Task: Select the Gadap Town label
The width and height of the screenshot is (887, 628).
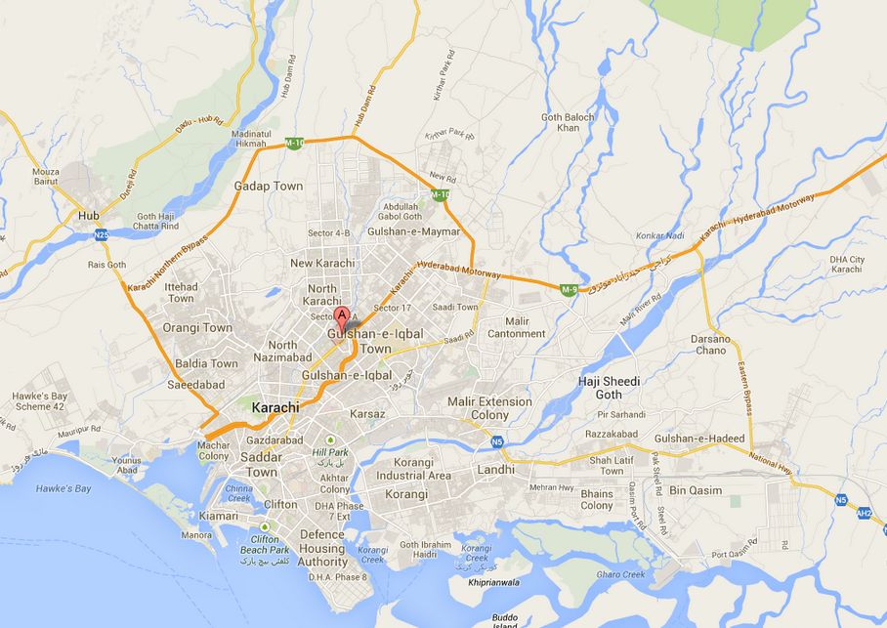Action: click(x=268, y=186)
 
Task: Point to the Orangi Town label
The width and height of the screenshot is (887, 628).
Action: click(x=197, y=328)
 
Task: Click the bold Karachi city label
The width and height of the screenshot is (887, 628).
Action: click(x=275, y=407)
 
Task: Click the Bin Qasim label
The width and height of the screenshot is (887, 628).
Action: click(x=723, y=489)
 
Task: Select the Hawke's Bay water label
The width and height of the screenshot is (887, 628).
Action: click(x=63, y=488)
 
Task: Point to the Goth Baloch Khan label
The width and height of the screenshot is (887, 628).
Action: click(x=568, y=123)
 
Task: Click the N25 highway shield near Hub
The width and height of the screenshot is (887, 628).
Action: click(x=102, y=234)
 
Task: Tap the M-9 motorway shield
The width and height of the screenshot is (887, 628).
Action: click(x=569, y=289)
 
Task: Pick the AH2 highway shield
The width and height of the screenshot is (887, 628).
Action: click(x=864, y=513)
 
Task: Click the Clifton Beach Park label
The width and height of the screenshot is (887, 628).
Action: click(x=264, y=544)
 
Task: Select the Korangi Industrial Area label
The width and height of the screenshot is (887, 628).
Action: click(x=421, y=469)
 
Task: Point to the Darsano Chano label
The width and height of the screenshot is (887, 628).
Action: click(x=710, y=344)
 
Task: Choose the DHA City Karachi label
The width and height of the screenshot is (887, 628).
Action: click(x=847, y=265)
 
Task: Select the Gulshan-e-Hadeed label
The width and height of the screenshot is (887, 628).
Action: click(x=699, y=439)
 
